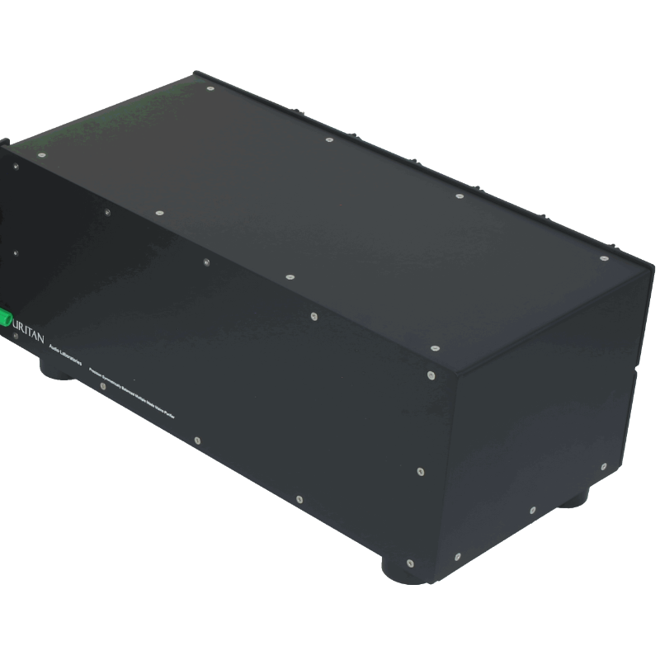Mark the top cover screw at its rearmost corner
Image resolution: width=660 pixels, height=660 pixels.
click(x=210, y=87)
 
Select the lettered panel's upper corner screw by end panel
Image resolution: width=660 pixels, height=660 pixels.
click(x=430, y=375)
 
